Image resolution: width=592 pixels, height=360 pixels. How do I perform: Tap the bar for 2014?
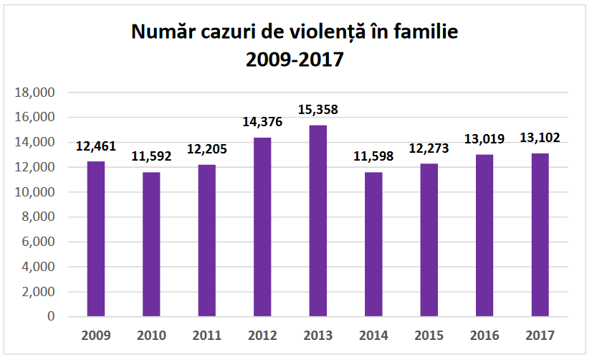pos(373,244)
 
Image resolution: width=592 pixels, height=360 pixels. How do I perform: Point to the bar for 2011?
pos(207,240)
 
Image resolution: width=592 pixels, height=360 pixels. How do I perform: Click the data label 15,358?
pos(318,110)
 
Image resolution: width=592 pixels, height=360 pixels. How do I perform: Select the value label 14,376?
pos(262,123)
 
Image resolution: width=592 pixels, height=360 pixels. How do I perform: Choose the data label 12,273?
pos(429,149)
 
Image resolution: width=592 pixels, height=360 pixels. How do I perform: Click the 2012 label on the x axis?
pos(262,335)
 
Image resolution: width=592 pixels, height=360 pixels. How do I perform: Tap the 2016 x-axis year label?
pos(484,335)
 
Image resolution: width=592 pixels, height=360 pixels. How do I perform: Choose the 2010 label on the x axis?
pos(151,335)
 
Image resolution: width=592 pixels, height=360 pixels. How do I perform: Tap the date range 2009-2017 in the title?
pos(295,60)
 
